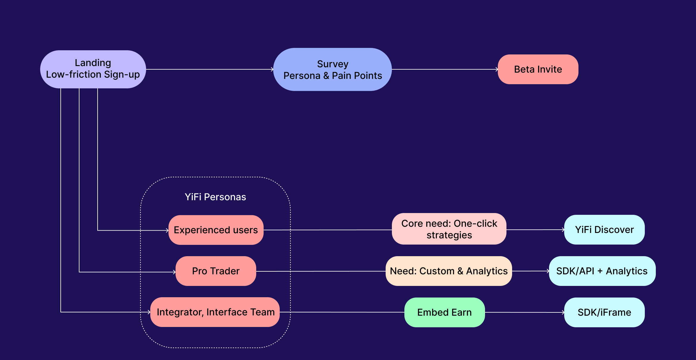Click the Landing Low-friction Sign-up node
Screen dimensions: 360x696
click(x=93, y=69)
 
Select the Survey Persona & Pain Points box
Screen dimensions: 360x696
click(x=332, y=69)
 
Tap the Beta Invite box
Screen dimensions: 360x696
click(x=538, y=69)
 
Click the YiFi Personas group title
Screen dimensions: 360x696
click(x=215, y=197)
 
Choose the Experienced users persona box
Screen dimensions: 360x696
click(x=216, y=230)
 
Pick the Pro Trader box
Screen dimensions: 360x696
click(x=216, y=271)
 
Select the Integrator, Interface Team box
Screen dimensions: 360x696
click(x=215, y=312)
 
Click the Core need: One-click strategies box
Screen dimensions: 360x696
click(x=449, y=229)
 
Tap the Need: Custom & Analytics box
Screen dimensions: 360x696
click(x=449, y=271)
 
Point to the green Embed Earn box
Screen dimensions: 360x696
click(x=445, y=312)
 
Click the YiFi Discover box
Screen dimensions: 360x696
click(x=604, y=230)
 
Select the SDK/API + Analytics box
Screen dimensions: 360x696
click(x=602, y=271)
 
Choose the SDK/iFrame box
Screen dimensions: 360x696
click(x=604, y=312)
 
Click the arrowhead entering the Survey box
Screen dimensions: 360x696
click(x=272, y=69)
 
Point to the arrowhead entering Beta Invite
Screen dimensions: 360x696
click(x=497, y=69)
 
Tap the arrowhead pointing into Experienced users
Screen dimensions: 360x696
click(x=167, y=230)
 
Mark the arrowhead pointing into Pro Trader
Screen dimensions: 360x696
click(x=174, y=272)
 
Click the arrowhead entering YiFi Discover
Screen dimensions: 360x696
click(x=563, y=230)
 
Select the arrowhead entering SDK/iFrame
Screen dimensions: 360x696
click(x=563, y=312)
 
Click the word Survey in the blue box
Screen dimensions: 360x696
click(x=333, y=64)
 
